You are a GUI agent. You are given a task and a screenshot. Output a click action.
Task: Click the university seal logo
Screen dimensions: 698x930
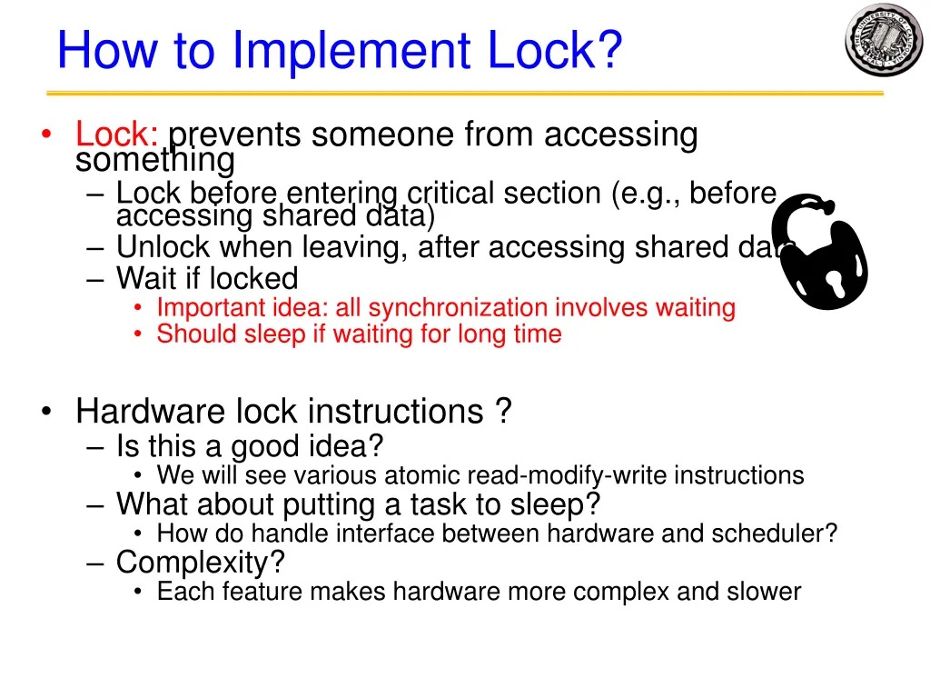[x=883, y=39]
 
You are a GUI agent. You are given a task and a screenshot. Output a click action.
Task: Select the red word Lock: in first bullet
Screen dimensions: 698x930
[x=118, y=135]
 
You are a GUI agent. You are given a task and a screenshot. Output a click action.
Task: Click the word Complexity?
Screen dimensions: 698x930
[x=200, y=563]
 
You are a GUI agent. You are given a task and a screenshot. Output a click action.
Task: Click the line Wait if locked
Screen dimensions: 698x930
[x=207, y=278]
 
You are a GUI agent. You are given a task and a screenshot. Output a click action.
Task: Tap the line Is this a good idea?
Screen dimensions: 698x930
[x=250, y=446]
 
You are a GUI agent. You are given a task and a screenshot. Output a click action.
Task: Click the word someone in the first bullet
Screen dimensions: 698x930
[x=382, y=135]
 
